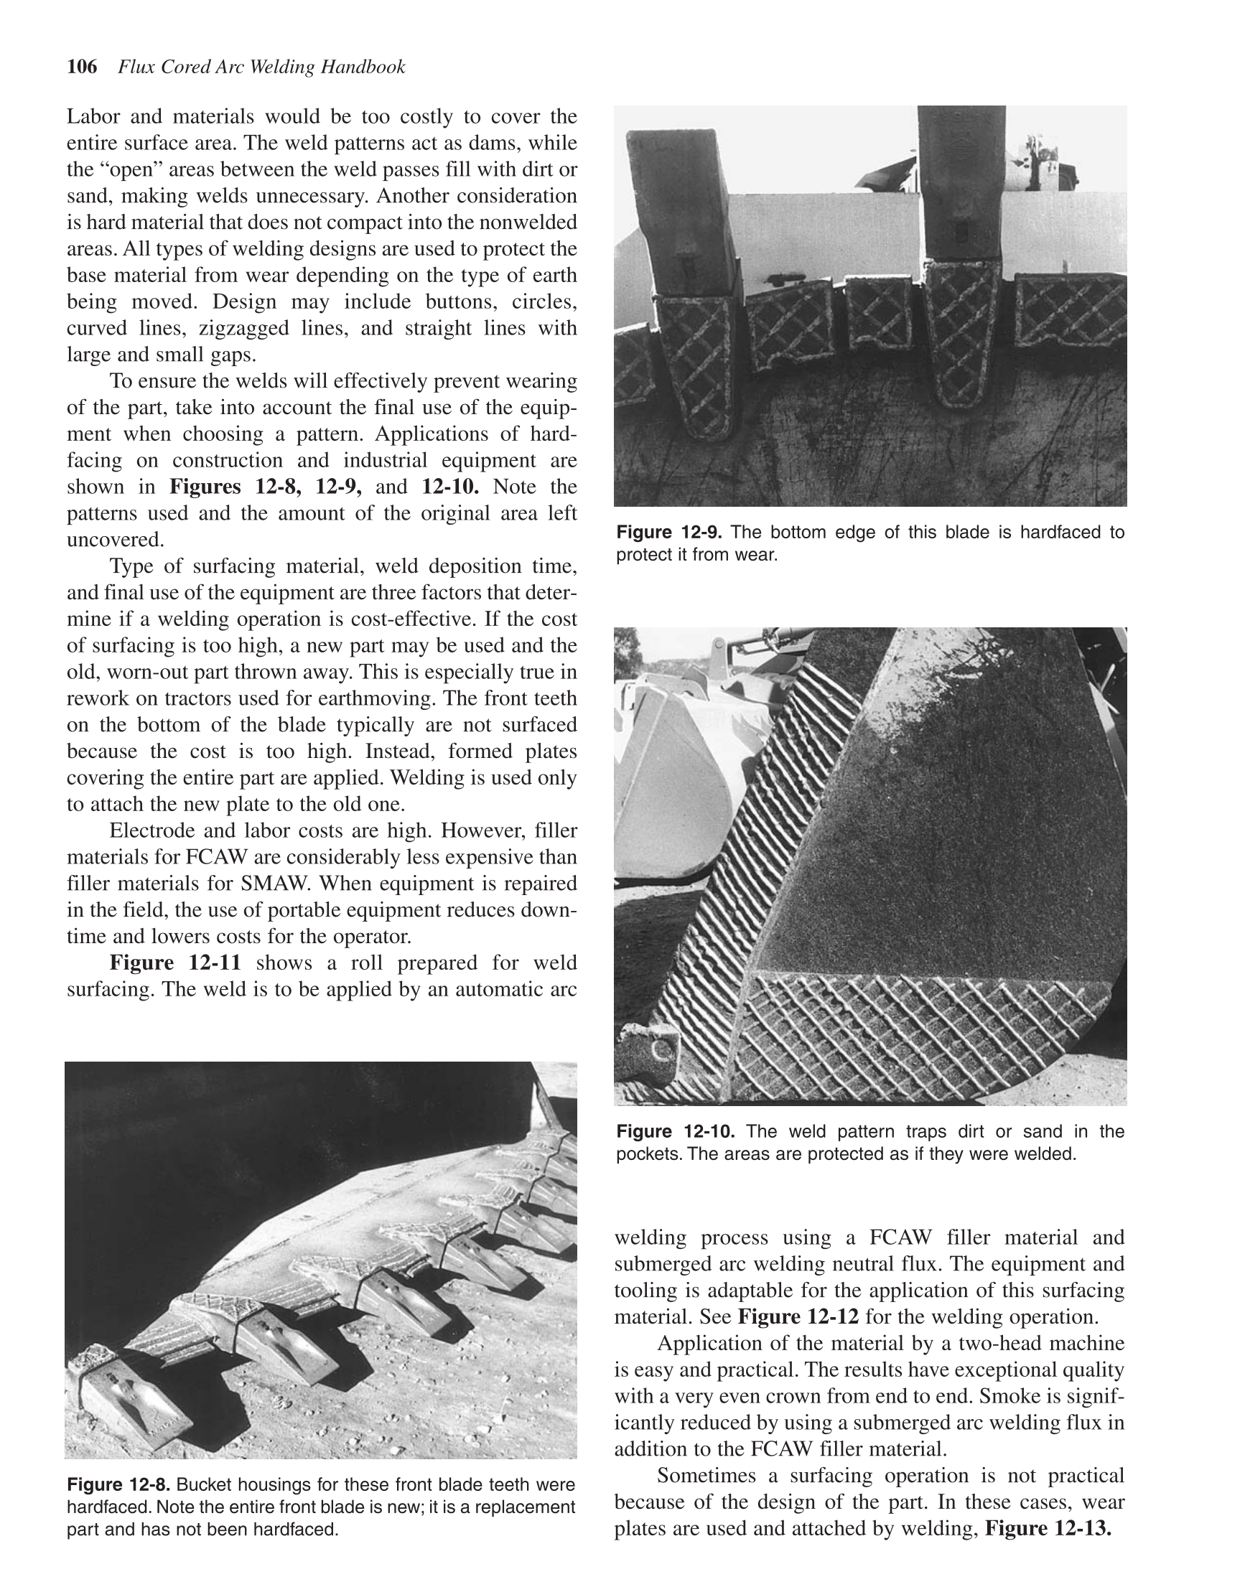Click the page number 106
pos(82,67)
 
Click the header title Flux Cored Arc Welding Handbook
pos(261,67)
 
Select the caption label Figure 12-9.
pos(671,533)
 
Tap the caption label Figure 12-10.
pos(675,1132)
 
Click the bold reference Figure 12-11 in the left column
pos(175,963)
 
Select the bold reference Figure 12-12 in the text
pos(798,1316)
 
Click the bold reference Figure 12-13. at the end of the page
pos(1048,1528)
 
